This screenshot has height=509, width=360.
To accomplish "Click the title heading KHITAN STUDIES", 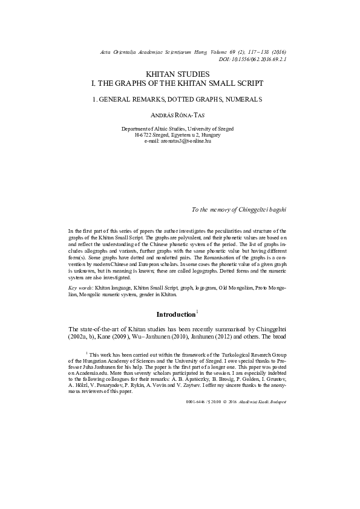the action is click(x=180, y=73).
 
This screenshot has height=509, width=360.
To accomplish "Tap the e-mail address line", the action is click(x=180, y=141).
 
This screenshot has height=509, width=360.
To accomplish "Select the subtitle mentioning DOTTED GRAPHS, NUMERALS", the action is click(x=180, y=98).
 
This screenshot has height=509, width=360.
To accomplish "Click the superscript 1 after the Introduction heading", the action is click(x=197, y=312).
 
